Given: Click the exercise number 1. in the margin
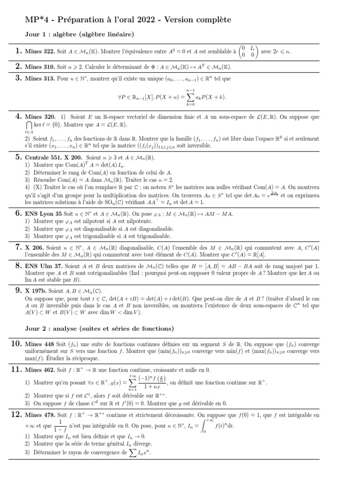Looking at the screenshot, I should coord(18,52).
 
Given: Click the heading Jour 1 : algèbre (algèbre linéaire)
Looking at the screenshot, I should coord(79,34).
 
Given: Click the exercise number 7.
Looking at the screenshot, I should coord(18,247).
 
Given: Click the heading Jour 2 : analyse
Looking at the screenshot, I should coord(99,328).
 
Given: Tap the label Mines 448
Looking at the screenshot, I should coord(41,345).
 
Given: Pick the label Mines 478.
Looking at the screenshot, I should coord(41,415).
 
